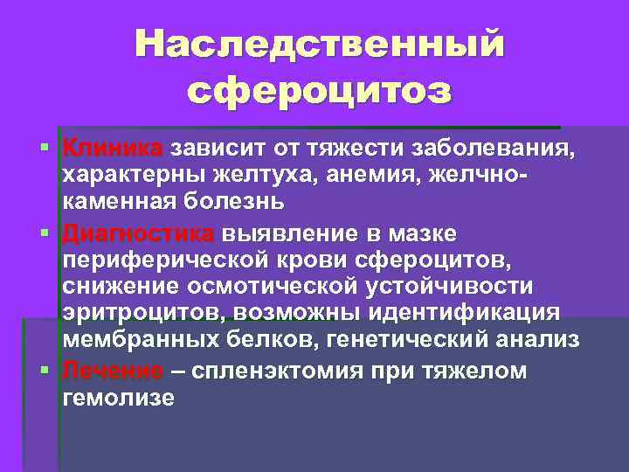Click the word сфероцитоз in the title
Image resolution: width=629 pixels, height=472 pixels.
320,89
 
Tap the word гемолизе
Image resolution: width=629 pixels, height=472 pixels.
118,398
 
